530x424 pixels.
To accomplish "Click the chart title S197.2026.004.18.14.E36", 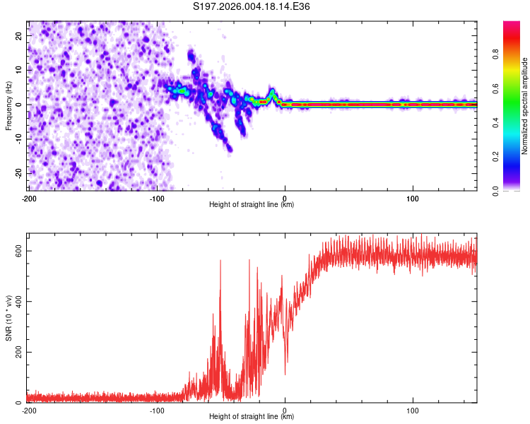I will [x=252, y=7].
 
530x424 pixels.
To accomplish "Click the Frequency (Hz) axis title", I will [x=8, y=105].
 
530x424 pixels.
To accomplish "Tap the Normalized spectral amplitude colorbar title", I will [x=525, y=106].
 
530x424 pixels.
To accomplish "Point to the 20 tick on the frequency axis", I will [x=19, y=35].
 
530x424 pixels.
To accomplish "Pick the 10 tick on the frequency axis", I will [x=19, y=70].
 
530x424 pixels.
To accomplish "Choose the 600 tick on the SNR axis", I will [x=16, y=251].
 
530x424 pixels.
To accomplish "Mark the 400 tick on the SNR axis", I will [x=16, y=302].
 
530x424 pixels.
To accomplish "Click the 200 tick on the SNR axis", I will [x=16, y=352].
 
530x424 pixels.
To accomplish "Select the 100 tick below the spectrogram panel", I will [x=413, y=198].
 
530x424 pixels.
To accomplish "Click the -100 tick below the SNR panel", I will [x=156, y=410].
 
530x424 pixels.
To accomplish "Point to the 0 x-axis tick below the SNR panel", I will [x=285, y=410].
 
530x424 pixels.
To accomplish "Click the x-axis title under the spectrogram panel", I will [x=252, y=205].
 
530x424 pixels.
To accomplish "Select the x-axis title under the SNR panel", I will [x=252, y=417].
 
